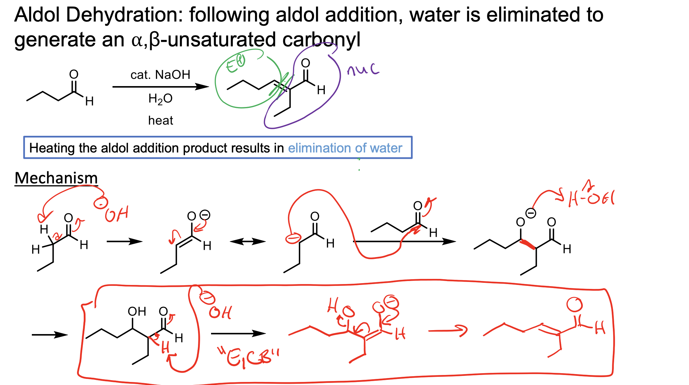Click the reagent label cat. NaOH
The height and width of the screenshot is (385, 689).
point(160,75)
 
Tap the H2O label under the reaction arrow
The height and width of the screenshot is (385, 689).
point(160,99)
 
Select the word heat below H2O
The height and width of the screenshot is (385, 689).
point(160,121)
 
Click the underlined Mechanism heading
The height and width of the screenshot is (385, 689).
point(56,178)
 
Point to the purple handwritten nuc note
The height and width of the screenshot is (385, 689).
point(363,70)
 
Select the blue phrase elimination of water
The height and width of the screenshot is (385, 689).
point(345,148)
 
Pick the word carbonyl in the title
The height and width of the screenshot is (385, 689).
point(321,39)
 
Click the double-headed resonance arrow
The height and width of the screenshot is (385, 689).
point(247,242)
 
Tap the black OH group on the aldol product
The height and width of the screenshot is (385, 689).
point(137,311)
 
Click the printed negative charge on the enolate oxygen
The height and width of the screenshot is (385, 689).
point(205,215)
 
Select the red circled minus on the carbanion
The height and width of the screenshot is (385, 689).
point(293,238)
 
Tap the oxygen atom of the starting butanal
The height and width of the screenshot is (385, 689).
point(74,74)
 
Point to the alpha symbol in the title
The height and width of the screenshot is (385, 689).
point(137,40)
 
